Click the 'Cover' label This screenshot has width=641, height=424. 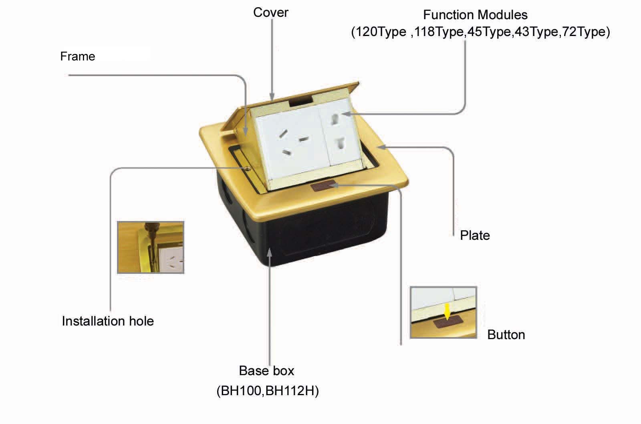pos(271,12)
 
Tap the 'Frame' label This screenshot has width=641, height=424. pos(78,56)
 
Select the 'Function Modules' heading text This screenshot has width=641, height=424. pos(475,14)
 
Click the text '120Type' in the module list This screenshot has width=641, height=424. pos(381,32)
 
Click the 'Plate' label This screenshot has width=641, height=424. pos(475,235)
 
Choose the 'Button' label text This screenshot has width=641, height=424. pos(506,335)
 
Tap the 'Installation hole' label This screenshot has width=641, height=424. pos(108,321)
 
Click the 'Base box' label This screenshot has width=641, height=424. pos(266,371)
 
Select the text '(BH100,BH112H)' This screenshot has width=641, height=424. pos(268,390)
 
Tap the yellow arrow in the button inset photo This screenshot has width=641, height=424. pos(447,311)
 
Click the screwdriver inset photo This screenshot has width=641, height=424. pos(151,247)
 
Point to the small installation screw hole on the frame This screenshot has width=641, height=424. pos(248,169)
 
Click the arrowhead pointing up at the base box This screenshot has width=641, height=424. pos(270,253)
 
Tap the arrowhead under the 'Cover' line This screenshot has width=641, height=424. pos(272,96)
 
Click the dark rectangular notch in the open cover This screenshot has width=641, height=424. pos(301,102)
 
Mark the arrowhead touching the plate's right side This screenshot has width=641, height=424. pos(382,147)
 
